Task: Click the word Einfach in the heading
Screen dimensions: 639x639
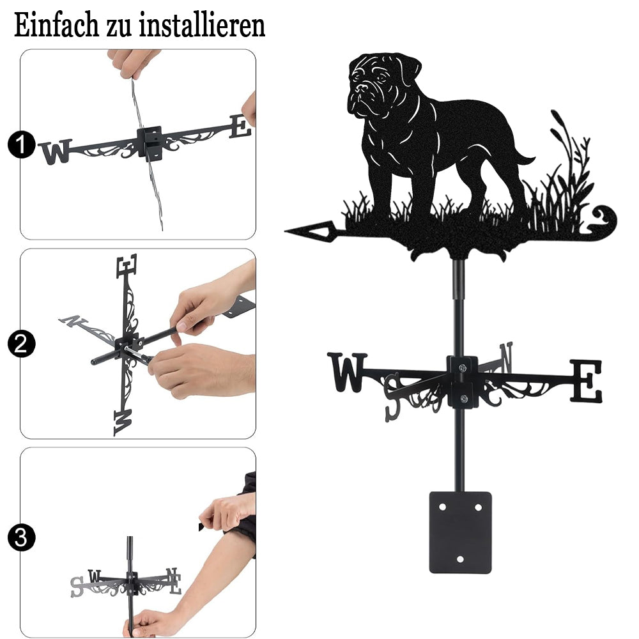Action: tap(56, 25)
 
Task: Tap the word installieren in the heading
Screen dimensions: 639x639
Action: tap(202, 25)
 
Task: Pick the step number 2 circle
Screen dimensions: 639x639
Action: tap(21, 344)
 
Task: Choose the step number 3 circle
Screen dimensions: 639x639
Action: tap(21, 537)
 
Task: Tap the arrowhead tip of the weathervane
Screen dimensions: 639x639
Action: tap(285, 231)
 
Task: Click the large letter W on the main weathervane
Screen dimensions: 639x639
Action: tap(347, 372)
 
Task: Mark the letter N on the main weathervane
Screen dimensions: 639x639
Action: tap(506, 357)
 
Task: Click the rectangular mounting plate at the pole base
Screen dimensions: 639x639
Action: tap(460, 532)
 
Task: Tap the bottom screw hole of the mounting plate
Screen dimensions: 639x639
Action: tap(460, 559)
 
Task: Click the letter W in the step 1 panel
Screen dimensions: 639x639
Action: tap(56, 151)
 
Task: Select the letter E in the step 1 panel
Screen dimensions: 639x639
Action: tap(240, 127)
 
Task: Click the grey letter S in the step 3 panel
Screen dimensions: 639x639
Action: tap(76, 587)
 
